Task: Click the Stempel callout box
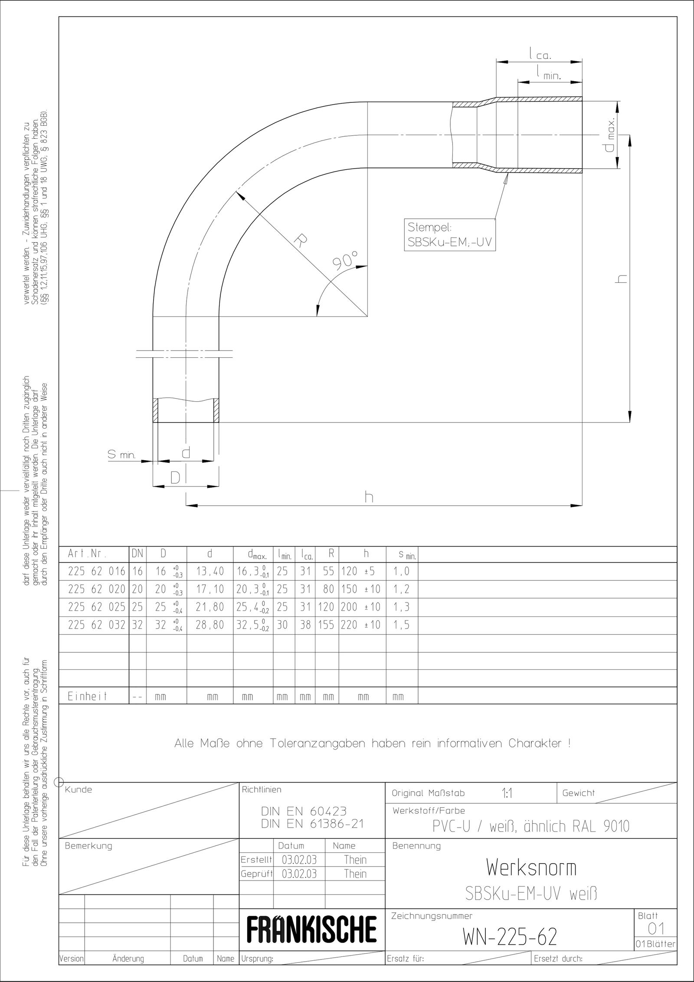coord(450,235)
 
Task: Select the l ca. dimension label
coord(539,55)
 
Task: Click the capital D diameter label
coord(175,478)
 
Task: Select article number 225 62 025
coord(96,607)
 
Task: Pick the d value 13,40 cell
coord(210,571)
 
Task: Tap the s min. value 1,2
coord(401,589)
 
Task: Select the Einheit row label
coord(87,696)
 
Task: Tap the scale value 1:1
coord(507,793)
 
